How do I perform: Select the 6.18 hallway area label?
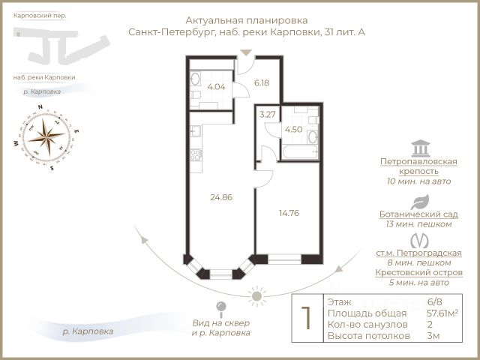click(x=262, y=82)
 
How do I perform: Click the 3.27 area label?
click(x=268, y=115)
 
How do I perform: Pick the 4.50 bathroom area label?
click(x=292, y=129)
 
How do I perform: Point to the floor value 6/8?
click(x=435, y=301)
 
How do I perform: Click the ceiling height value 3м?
click(x=433, y=337)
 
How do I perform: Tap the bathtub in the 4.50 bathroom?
click(x=299, y=152)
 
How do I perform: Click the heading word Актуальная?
click(x=216, y=20)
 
